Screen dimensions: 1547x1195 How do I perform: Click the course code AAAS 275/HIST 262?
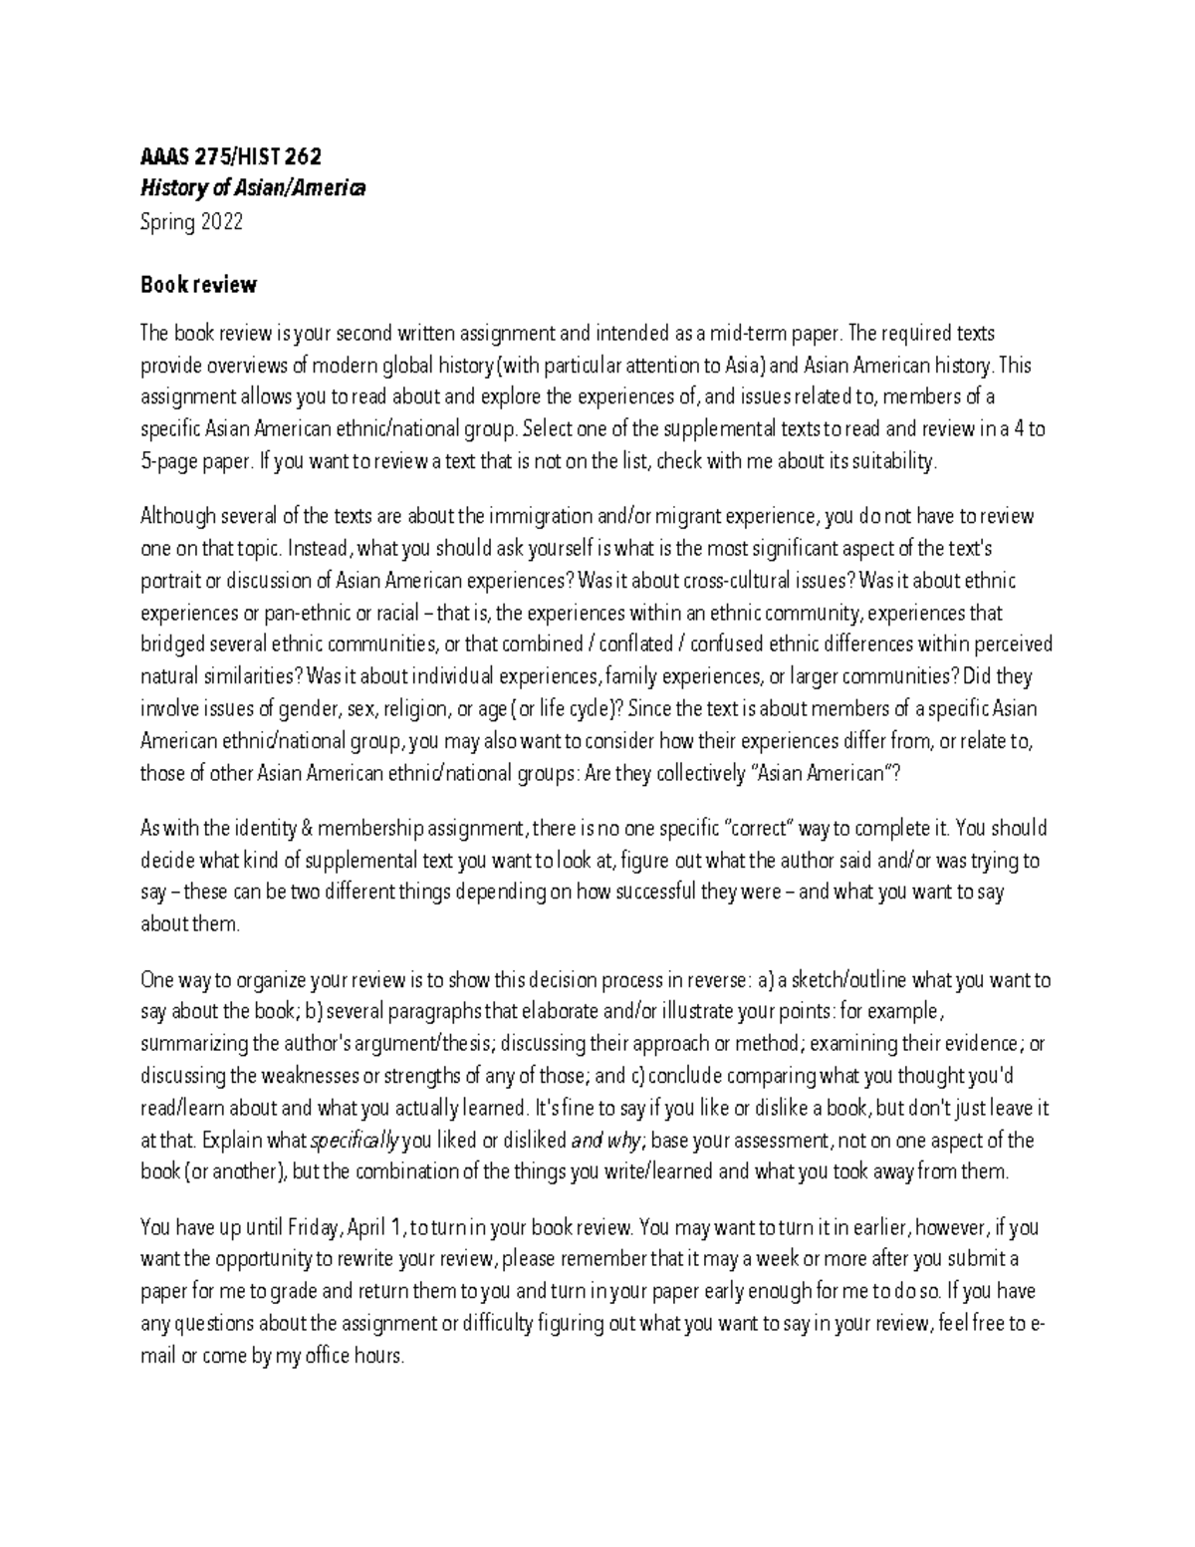[230, 156]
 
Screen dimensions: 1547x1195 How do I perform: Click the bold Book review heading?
[198, 285]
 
